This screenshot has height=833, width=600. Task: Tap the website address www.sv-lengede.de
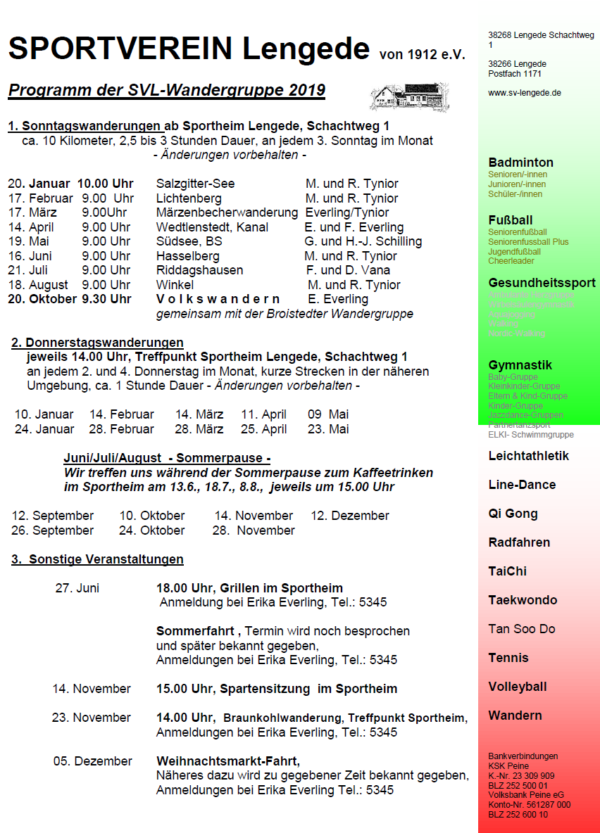pos(524,93)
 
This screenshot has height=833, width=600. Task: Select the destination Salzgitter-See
pos(196,184)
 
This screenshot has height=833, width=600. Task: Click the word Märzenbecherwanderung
pos(227,212)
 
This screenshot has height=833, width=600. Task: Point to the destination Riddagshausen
pos(199,270)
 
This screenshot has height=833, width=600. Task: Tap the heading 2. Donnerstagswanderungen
pos(97,343)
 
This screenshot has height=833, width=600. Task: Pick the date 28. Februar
pos(122,429)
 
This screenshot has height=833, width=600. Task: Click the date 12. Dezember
pos(350,516)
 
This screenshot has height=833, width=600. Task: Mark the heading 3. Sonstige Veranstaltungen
pos(97,559)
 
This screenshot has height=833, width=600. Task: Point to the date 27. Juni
pos(77,588)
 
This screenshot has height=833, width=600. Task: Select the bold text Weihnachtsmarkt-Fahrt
pos(227,761)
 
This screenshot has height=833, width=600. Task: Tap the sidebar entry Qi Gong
pos(513,514)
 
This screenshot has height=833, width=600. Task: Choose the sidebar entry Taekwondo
pos(523,600)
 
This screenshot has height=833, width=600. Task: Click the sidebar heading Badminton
pos(520,163)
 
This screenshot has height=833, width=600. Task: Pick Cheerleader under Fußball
pos(511,261)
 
